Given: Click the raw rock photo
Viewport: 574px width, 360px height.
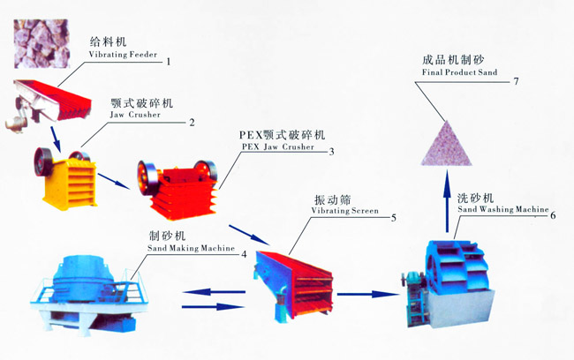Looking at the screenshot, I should [x=38, y=42].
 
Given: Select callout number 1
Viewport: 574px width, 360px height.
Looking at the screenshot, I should [x=168, y=61].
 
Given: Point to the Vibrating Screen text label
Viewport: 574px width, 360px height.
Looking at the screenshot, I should [x=345, y=212].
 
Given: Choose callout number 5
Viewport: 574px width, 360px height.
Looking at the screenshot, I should [x=393, y=217].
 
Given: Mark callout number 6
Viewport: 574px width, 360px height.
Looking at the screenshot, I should [x=553, y=214].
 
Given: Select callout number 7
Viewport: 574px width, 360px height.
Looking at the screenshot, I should [x=517, y=82].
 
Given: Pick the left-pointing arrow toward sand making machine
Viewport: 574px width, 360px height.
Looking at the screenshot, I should [x=216, y=290].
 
